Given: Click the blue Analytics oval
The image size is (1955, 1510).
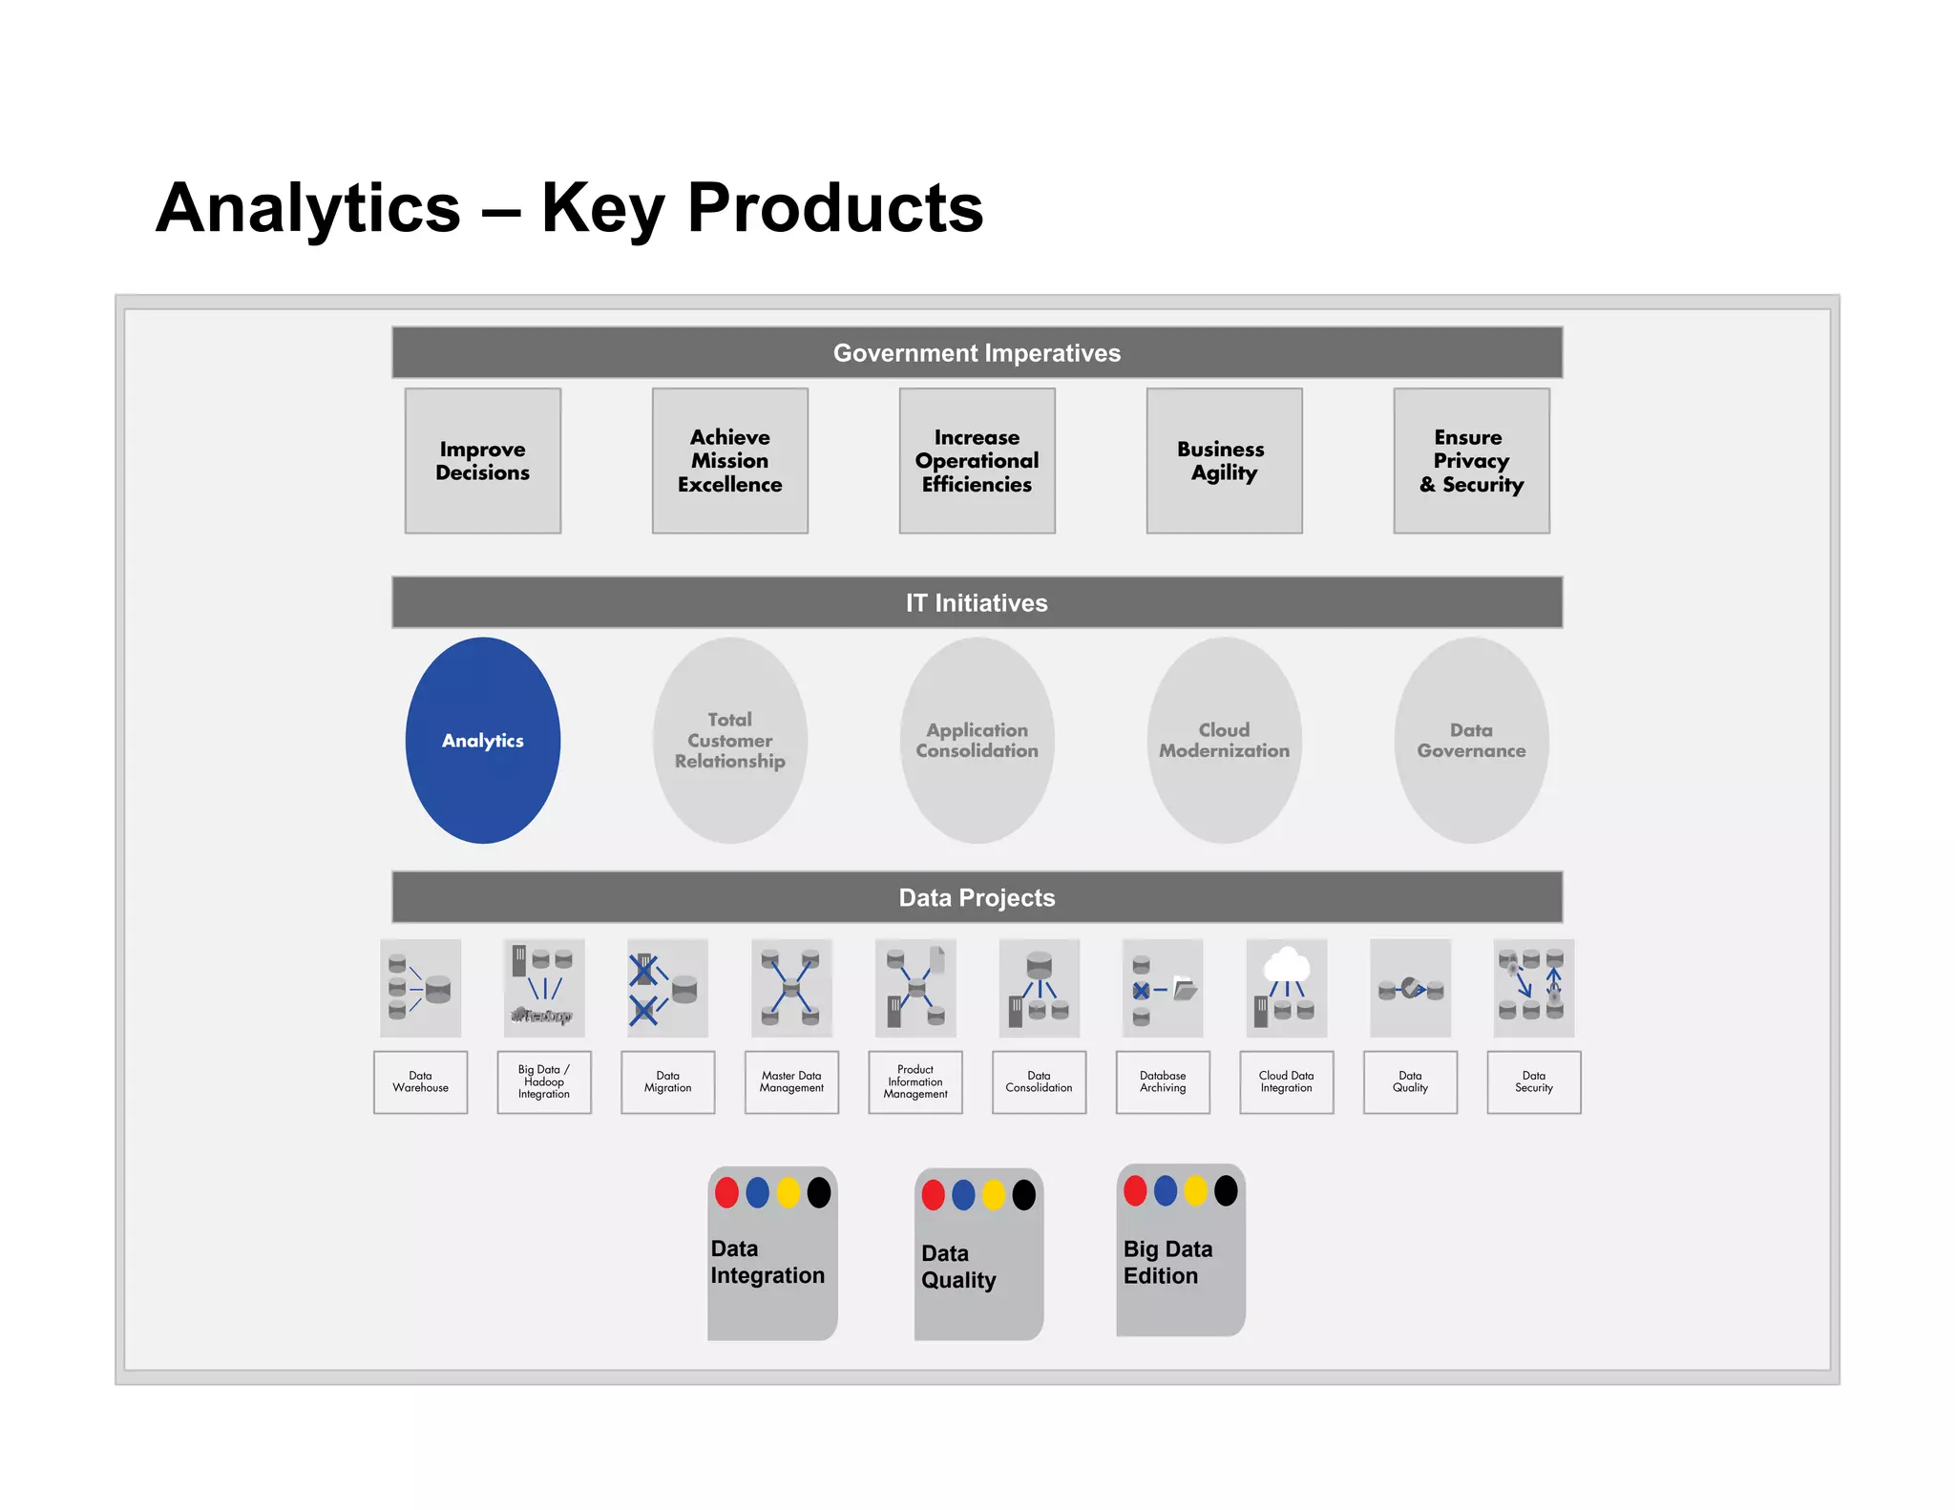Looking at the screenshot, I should (482, 740).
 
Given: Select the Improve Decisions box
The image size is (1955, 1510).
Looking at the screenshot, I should (482, 460).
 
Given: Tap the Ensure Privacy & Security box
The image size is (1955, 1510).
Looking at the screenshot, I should (1471, 460).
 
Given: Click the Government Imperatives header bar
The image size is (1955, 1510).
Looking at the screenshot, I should (977, 353).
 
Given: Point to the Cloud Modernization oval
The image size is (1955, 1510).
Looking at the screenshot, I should (1224, 740).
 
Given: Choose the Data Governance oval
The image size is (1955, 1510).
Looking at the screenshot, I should (1471, 740).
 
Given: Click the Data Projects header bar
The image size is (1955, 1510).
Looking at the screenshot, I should (977, 897).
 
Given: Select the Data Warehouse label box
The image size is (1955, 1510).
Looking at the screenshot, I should (420, 1081).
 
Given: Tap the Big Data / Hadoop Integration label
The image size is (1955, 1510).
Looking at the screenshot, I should (543, 1081).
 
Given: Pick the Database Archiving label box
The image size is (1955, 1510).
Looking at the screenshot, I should (1163, 1081).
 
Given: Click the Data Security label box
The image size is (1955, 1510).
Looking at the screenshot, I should (1533, 1081).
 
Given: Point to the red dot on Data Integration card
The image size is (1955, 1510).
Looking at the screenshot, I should (726, 1192).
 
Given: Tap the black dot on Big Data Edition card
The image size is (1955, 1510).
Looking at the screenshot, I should (1226, 1190).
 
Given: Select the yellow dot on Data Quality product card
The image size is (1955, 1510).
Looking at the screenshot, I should (994, 1194).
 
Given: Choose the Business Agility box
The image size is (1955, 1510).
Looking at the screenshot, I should (1224, 460).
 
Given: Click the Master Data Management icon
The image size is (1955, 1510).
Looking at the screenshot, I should (791, 987).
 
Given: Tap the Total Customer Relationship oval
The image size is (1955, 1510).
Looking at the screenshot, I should (729, 740).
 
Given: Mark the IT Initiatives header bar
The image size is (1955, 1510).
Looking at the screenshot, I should (977, 602).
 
